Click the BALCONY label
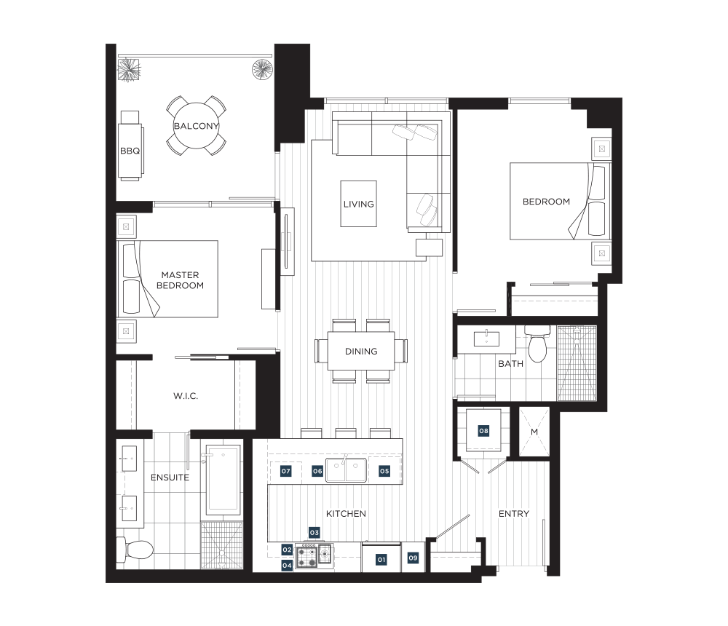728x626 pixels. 196,126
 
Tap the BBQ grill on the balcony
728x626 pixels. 130,146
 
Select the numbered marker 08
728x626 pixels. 484,431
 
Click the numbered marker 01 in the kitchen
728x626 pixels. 381,560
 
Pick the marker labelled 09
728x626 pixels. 413,558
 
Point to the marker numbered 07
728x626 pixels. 285,471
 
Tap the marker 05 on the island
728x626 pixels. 384,471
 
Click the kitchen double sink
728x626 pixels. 344,470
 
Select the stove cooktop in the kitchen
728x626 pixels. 314,555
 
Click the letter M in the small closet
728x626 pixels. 534,432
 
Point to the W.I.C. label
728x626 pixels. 185,396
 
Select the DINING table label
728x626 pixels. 361,352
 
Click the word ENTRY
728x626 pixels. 513,514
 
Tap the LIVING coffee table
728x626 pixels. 358,204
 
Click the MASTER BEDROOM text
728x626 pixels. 180,280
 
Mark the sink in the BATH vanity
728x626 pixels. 486,338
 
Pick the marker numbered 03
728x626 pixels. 314,532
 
